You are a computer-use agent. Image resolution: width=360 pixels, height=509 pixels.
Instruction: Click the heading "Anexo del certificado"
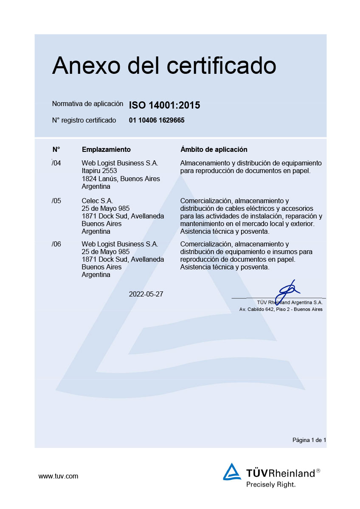pyautogui.click(x=164, y=66)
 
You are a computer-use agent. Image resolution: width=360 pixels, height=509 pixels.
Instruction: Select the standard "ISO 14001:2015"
pyautogui.click(x=164, y=105)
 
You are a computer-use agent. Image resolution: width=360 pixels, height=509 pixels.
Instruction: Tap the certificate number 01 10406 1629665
pyautogui.click(x=157, y=120)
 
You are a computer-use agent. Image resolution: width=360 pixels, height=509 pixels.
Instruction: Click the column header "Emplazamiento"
pyautogui.click(x=106, y=150)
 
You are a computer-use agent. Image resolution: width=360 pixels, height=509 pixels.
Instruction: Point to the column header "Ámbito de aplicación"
pyautogui.click(x=214, y=150)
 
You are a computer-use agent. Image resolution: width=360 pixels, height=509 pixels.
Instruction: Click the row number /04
pyautogui.click(x=56, y=163)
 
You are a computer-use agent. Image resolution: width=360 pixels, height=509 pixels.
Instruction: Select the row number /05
pyautogui.click(x=56, y=201)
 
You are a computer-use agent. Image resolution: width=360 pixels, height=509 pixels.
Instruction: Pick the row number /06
pyautogui.click(x=56, y=244)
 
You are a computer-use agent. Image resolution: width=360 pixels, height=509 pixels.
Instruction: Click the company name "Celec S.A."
pyautogui.click(x=97, y=201)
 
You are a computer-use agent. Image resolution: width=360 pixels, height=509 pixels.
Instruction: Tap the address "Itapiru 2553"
pyautogui.click(x=99, y=171)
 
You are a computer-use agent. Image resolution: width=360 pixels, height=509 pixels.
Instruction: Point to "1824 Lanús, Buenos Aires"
pyautogui.click(x=121, y=179)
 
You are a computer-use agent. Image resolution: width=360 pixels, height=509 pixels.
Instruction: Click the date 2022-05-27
pyautogui.click(x=146, y=294)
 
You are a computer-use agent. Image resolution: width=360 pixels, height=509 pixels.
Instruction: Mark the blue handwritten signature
pyautogui.click(x=287, y=291)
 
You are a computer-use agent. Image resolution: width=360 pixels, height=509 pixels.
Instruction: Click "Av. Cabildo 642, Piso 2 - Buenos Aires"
pyautogui.click(x=281, y=310)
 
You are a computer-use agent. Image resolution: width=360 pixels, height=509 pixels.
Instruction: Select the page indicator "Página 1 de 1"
pyautogui.click(x=309, y=440)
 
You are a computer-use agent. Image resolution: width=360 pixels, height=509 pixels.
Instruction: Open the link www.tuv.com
pyautogui.click(x=58, y=476)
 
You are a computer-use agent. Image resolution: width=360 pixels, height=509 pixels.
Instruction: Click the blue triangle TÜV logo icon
pyautogui.click(x=232, y=472)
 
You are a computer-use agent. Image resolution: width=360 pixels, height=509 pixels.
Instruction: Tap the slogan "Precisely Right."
pyautogui.click(x=271, y=484)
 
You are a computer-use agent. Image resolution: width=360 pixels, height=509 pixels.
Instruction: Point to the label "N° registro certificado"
pyautogui.click(x=84, y=120)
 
